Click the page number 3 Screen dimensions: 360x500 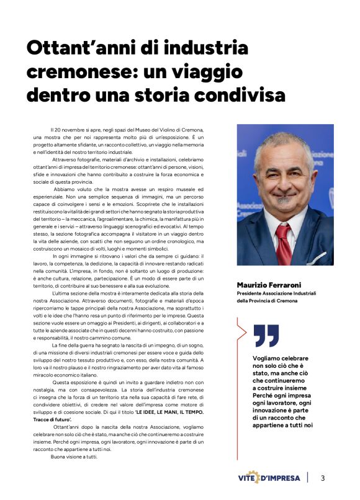pos(323,478)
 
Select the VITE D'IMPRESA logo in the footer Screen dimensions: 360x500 pos(269,478)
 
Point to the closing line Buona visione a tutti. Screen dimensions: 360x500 pos(74,457)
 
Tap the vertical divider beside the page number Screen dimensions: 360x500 pos(308,478)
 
